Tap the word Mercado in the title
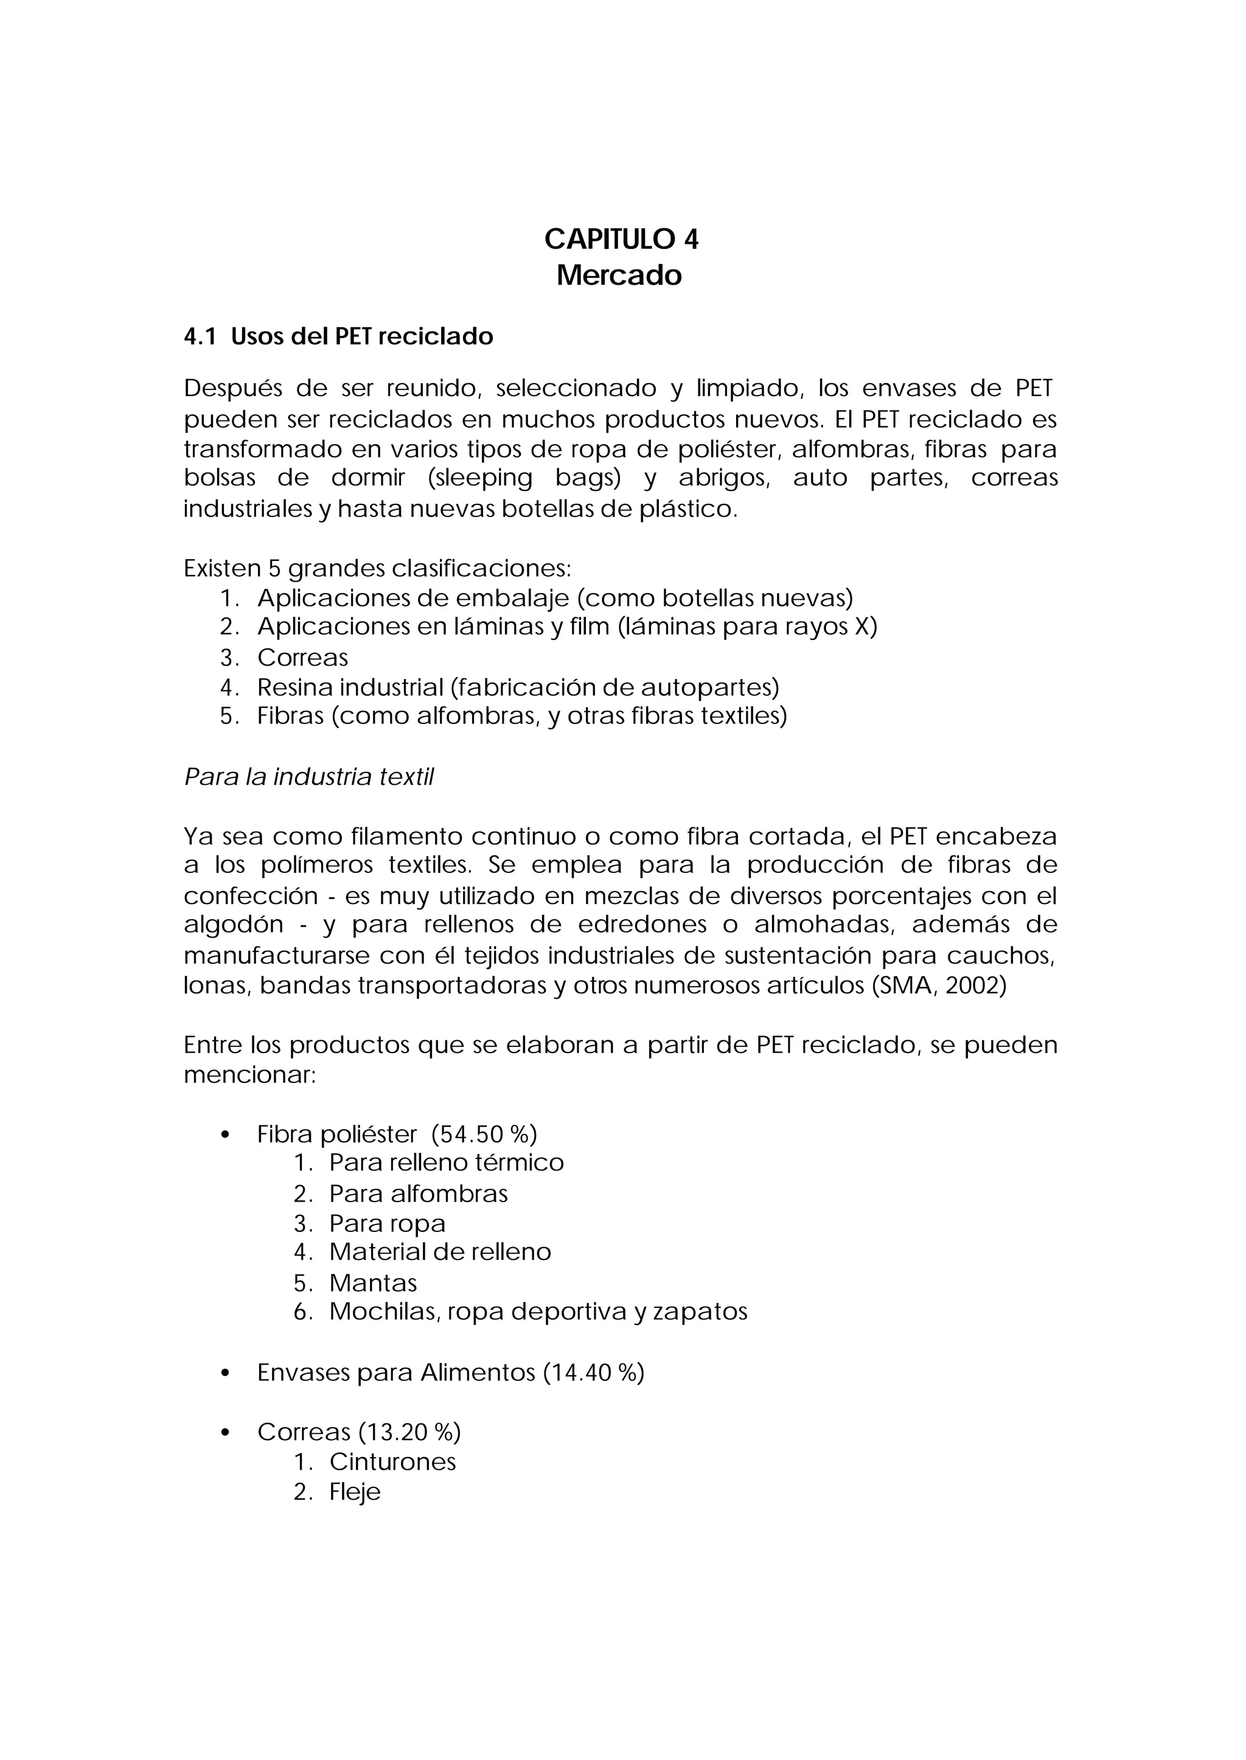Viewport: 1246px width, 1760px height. coord(619,274)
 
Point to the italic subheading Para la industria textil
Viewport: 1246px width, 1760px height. coord(309,777)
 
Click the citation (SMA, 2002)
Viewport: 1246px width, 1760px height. coord(939,985)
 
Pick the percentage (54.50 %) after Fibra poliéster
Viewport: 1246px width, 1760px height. coord(484,1134)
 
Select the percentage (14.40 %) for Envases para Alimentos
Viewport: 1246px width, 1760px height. coord(594,1372)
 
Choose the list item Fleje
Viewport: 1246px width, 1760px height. coord(355,1492)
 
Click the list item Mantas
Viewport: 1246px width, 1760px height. coord(373,1283)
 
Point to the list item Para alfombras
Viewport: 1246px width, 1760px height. coord(418,1194)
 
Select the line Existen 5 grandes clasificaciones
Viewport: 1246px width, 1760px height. coord(377,568)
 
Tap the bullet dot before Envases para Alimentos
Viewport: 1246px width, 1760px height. coord(224,1373)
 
